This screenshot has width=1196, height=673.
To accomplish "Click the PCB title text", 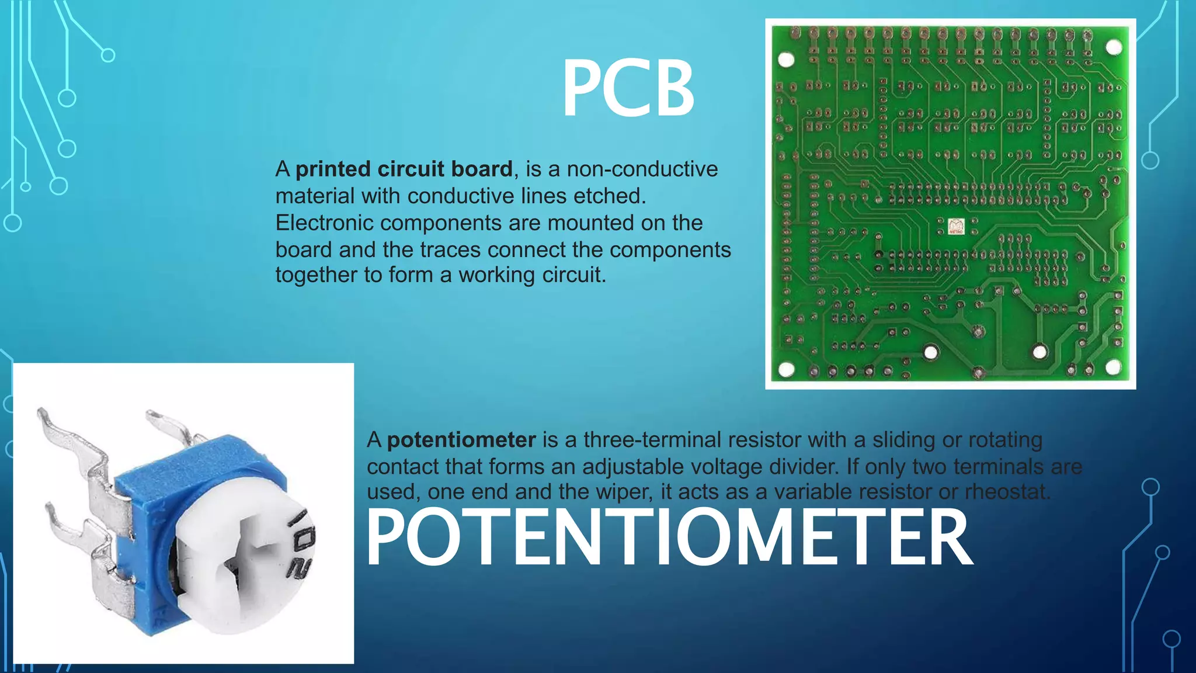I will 628,89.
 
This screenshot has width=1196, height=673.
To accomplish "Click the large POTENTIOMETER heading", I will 668,537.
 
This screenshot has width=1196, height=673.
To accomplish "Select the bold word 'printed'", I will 333,169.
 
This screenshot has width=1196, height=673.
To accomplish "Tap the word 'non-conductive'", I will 642,169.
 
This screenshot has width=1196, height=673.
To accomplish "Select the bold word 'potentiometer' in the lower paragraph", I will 461,440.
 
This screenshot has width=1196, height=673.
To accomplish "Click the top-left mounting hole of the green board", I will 786,60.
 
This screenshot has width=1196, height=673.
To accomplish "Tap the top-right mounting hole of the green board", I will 1114,47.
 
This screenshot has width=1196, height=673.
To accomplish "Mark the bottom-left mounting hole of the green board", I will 786,369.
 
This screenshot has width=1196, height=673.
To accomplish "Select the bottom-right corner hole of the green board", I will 1113,367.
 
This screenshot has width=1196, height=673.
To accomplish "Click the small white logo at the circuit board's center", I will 956,227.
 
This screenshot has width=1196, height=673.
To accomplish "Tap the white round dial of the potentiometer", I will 245,561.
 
